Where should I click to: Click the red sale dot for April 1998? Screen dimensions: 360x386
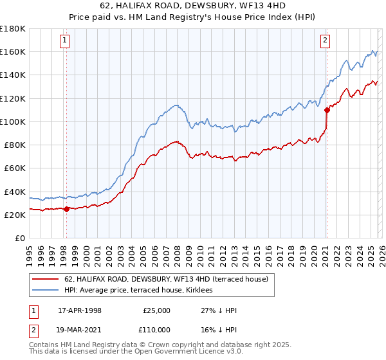point(66,208)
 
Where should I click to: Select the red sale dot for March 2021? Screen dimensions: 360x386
point(327,109)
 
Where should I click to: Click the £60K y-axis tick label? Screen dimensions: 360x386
point(14,168)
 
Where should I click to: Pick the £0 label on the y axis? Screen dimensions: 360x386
point(19,239)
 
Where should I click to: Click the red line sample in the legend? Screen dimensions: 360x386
point(45,279)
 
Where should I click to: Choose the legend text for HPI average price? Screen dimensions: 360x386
point(143,291)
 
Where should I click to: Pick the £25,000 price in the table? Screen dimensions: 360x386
point(156,310)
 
